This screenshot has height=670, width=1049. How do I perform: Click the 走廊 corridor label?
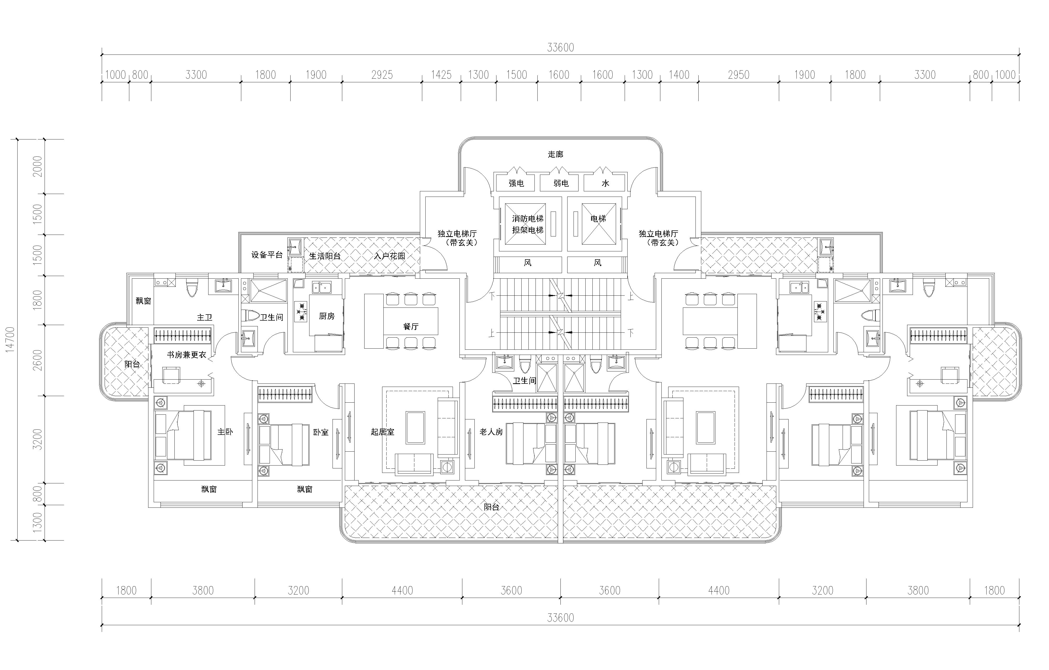555,154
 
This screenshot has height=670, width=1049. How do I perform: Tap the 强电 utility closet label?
516,183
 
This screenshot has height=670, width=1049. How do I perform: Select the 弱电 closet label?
561,183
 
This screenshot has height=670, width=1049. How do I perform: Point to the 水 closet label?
605,183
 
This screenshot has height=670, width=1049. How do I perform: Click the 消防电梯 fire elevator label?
528,219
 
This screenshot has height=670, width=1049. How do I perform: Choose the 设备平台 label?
267,255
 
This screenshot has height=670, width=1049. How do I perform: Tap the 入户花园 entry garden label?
389,256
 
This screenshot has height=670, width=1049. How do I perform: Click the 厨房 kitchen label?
327,316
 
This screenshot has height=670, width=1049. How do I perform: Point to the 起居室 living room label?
382,432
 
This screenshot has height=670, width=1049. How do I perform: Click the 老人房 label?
491,432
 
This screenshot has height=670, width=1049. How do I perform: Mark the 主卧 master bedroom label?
225,432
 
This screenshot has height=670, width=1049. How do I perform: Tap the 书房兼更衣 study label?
186,355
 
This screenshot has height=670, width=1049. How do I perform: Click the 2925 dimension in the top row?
382,75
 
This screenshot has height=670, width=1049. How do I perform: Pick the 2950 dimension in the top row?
739,75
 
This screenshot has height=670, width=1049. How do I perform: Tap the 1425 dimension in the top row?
441,75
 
